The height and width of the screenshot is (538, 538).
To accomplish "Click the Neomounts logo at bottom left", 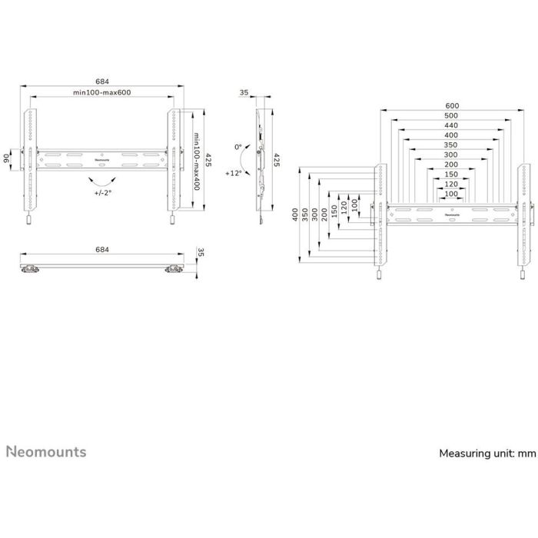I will pos(47,451).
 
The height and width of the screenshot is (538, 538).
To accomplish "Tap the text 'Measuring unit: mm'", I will pos(487,453).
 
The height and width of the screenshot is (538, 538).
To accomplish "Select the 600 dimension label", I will pos(452,106).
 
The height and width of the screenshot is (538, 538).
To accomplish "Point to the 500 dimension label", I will pos(452,116).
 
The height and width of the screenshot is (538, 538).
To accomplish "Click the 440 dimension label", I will pos(452,125).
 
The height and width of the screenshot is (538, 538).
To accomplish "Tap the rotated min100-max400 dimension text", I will pos(197,163).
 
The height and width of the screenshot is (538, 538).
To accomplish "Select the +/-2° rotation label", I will pos(99,193).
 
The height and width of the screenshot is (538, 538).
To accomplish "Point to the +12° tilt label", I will pos(234,174).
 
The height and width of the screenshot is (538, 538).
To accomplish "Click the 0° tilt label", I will pos(238,146).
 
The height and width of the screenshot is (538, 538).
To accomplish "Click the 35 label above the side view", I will pos(244,93).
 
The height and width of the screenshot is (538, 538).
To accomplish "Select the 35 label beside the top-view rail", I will pos(201,252).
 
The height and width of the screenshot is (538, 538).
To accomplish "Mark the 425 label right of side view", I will pos(277,160).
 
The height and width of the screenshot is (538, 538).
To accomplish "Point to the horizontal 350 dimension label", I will pos(452,144).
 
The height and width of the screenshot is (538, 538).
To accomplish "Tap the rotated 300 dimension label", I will pos(316,214).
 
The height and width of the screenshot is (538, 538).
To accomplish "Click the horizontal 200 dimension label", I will pos(452,164).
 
